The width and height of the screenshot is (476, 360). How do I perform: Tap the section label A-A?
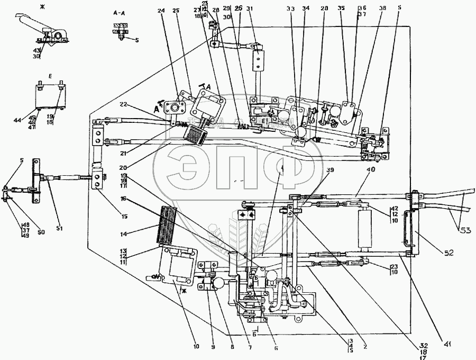click(x=118, y=11)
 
